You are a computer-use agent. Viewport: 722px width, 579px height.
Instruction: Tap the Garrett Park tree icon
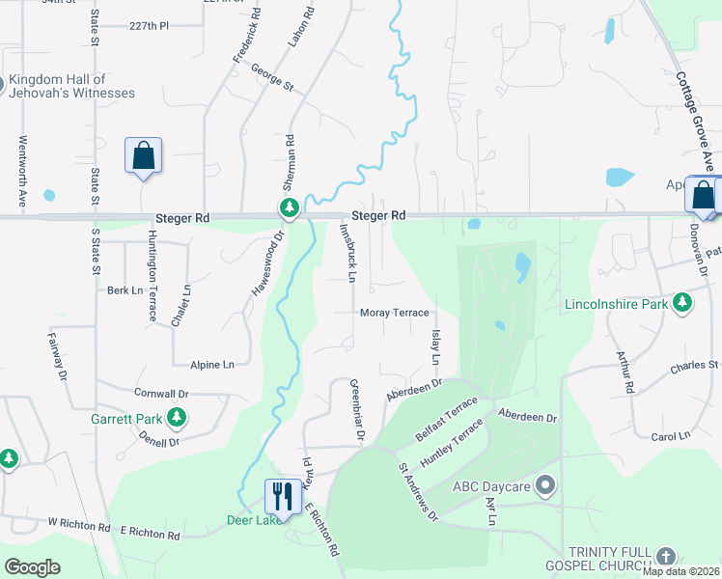tap(176, 417)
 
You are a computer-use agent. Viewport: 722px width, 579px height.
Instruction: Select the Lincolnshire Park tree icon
tap(683, 304)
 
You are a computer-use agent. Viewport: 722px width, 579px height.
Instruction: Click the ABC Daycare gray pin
tap(546, 485)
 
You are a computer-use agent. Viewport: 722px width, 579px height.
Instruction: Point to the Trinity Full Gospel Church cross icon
tap(664, 556)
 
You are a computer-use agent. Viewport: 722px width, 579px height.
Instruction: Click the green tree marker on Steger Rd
tap(289, 207)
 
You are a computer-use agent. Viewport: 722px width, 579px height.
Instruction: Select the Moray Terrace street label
tap(394, 313)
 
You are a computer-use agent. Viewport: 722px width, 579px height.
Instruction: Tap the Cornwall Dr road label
tap(161, 394)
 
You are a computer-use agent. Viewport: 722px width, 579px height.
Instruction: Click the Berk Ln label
tap(125, 289)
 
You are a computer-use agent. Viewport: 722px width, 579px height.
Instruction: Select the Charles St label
tap(695, 366)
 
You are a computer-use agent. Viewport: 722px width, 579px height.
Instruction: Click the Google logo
tap(32, 567)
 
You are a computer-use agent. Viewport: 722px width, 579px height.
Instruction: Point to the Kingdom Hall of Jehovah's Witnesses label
tap(72, 87)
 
